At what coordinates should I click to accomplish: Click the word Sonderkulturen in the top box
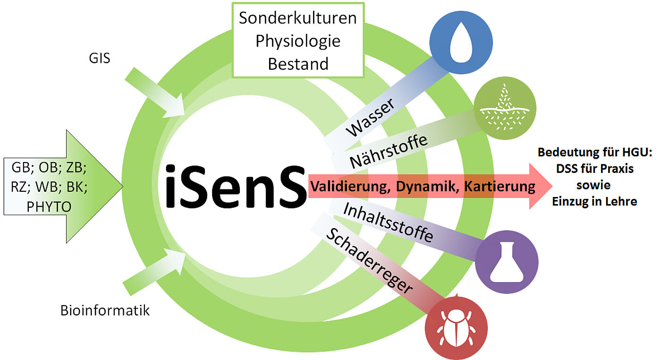click(x=297, y=18)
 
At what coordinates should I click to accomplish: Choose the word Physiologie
click(x=297, y=41)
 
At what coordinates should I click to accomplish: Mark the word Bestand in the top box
click(x=297, y=63)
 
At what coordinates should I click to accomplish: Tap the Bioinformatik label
click(x=105, y=310)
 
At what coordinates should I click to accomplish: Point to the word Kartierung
click(x=500, y=187)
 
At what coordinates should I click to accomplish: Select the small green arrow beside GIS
click(x=156, y=94)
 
